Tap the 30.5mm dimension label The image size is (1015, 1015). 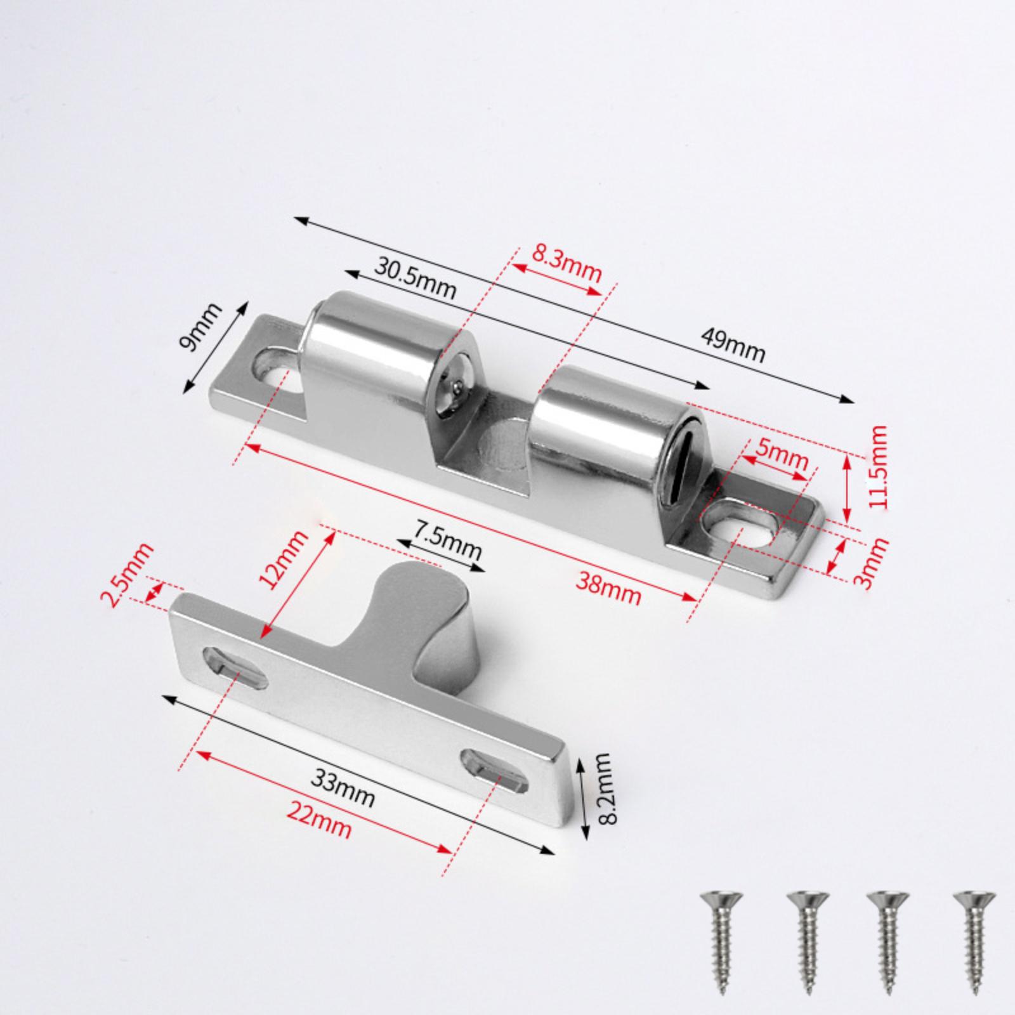(416, 277)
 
